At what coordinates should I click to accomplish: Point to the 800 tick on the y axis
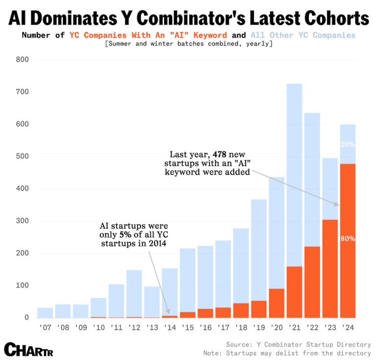pyautogui.click(x=23, y=60)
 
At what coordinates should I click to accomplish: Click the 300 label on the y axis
pyautogui.click(x=23, y=221)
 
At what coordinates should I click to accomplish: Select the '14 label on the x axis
pyautogui.click(x=169, y=326)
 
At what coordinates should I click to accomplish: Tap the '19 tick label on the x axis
pyautogui.click(x=258, y=326)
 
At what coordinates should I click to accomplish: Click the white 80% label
pyautogui.click(x=348, y=239)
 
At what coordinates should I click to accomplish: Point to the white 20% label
pyautogui.click(x=348, y=144)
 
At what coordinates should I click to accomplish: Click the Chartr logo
pyautogui.click(x=28, y=349)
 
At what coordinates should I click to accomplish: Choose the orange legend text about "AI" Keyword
pyautogui.click(x=148, y=35)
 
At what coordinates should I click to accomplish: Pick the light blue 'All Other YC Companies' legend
pyautogui.click(x=303, y=35)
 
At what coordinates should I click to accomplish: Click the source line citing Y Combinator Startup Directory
pyautogui.click(x=298, y=344)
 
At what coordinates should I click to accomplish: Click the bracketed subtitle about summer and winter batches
pyautogui.click(x=188, y=44)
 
